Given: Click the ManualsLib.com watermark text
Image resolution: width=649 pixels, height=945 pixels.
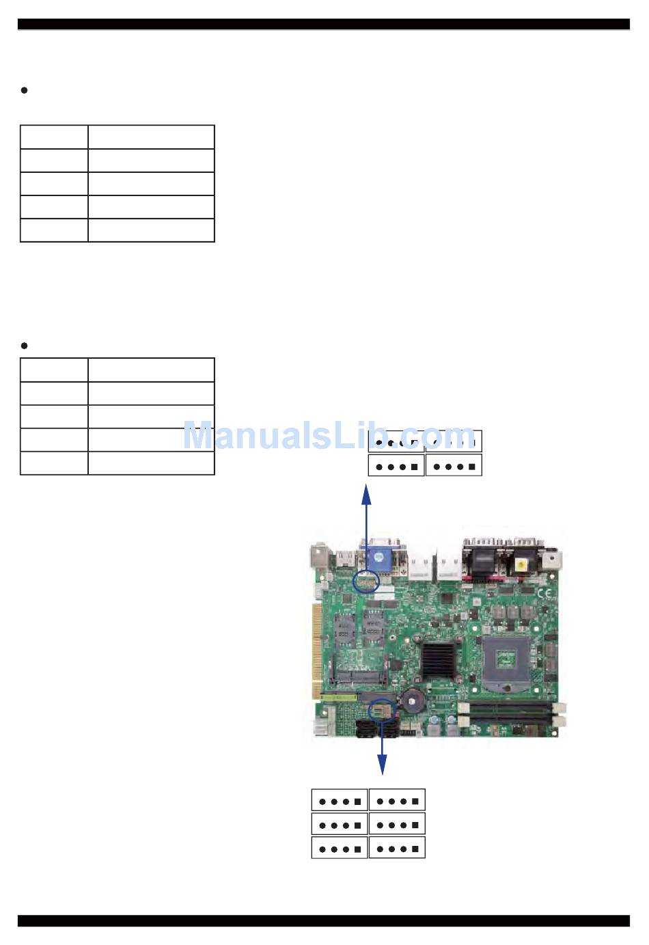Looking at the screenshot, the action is [x=329, y=435].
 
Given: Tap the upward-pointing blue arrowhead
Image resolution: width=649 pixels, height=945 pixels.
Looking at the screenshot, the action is [x=366, y=494].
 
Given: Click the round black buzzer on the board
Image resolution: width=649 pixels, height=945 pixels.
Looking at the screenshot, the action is [x=413, y=700].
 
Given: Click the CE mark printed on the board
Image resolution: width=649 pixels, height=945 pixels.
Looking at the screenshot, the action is [x=544, y=594].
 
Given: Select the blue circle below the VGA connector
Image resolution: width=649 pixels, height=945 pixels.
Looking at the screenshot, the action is [x=366, y=581].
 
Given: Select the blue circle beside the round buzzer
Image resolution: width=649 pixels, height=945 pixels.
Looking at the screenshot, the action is [x=382, y=710].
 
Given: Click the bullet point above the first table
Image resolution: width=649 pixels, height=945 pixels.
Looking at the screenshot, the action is [x=25, y=90].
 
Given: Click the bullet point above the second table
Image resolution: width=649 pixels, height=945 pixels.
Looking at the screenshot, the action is [x=25, y=346].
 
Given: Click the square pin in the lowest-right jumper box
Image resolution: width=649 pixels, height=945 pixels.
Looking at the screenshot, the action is [x=415, y=849].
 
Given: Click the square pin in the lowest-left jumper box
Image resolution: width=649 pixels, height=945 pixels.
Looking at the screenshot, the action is [x=357, y=849].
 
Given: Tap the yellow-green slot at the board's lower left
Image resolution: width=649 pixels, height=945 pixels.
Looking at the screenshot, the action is [x=338, y=698].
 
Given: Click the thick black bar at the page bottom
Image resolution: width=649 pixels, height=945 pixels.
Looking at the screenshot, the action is [x=324, y=921].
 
